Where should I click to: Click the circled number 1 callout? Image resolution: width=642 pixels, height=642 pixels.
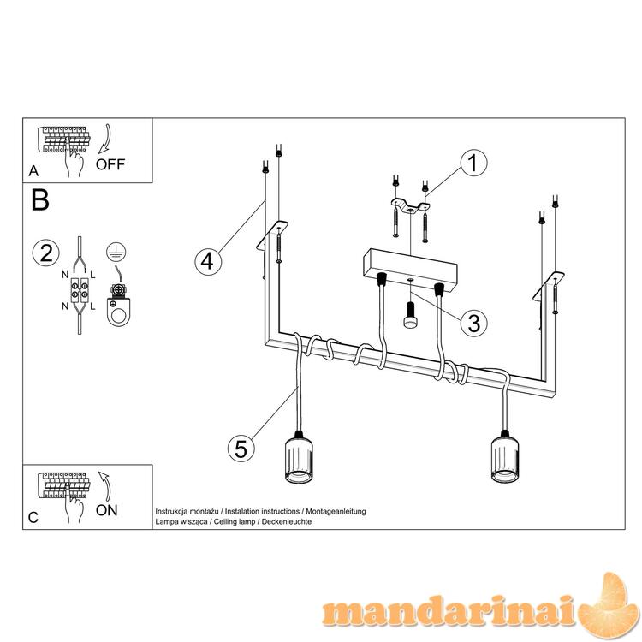(473, 163)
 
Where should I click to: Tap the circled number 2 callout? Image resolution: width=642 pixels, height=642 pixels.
(46, 253)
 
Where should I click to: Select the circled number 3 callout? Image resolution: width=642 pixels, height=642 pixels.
(473, 323)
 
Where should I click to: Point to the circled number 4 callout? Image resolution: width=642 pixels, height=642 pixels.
(208, 261)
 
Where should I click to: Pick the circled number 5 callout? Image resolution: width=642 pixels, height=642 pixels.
(241, 449)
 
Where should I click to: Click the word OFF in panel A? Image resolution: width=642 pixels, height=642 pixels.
(110, 164)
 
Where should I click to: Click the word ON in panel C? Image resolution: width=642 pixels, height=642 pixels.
(106, 510)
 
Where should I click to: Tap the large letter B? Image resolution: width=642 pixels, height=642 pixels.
(40, 200)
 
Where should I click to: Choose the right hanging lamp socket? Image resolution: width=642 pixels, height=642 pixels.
(505, 455)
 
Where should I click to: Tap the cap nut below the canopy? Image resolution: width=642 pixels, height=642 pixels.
(410, 314)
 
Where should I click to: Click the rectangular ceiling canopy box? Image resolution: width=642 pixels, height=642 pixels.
(410, 270)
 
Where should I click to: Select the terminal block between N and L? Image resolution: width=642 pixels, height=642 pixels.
(79, 290)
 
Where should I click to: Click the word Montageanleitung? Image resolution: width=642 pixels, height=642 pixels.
(336, 511)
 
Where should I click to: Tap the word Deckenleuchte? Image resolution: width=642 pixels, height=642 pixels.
(287, 521)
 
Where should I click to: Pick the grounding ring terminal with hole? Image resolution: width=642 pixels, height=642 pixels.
(119, 305)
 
